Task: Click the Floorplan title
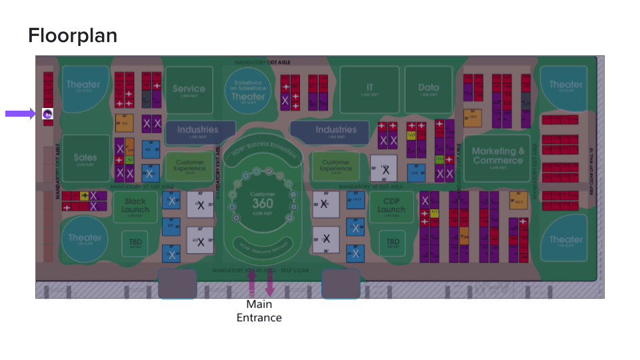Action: coord(73,35)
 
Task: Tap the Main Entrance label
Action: coord(259,311)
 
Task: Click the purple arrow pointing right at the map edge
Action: coord(20,114)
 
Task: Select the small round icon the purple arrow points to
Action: coord(47,114)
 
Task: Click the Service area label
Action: coord(189,89)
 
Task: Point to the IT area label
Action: coord(369,87)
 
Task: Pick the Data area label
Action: coord(429,87)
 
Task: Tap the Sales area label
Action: coord(85,158)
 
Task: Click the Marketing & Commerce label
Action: coord(498,156)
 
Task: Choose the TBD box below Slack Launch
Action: coord(135,243)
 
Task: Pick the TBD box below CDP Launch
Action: coord(393,243)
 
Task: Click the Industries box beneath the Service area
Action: coord(197,131)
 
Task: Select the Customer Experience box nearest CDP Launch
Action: coord(336,165)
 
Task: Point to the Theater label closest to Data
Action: coord(566,85)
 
